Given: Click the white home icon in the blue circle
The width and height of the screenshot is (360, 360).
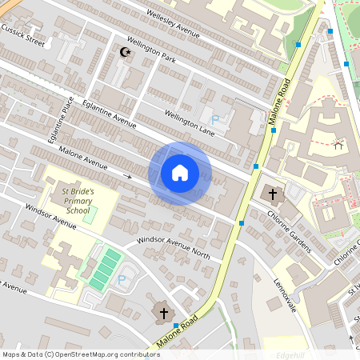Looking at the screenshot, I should click(x=180, y=173).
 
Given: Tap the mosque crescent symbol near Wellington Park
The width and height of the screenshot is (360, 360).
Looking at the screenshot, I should click(x=123, y=52).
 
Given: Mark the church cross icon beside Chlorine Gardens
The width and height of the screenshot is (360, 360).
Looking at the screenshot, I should click(x=272, y=194).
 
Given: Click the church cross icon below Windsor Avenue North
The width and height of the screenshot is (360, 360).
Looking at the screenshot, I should click(x=164, y=312).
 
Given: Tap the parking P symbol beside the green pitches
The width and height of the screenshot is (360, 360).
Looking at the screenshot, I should click(x=122, y=280).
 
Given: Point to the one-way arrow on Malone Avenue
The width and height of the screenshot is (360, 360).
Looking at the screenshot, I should click(x=127, y=174).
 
